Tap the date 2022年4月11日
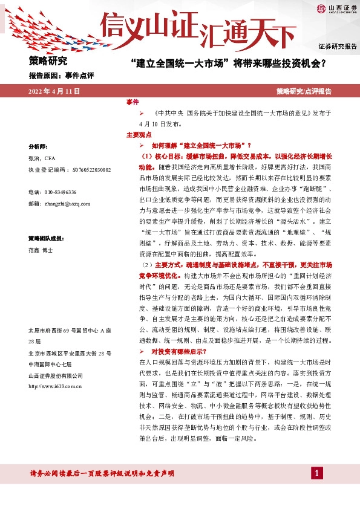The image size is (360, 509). tap(54, 91)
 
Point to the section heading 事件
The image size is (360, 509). tap(133, 102)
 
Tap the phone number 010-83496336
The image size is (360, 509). tap(52, 192)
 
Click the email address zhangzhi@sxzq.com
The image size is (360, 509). tap(59, 204)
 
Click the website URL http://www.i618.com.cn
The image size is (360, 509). tap(55, 385)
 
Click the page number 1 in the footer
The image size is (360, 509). tap(315, 473)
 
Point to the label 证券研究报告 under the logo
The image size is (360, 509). tap(338, 47)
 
